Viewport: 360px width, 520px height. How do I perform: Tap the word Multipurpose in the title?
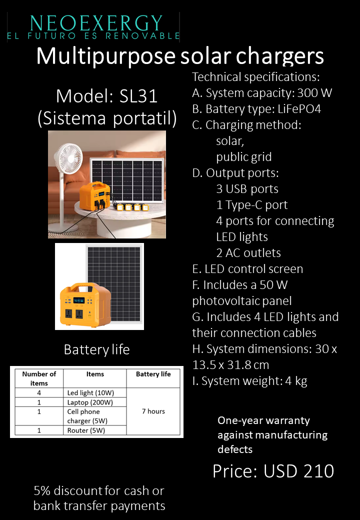point(103,56)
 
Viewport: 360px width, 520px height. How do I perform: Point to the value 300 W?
point(314,93)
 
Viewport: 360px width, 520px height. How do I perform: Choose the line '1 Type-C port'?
point(251,205)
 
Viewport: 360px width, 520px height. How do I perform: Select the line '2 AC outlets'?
point(248,253)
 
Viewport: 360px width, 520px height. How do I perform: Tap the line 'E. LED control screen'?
point(247,269)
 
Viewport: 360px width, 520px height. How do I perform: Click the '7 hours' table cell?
point(153,411)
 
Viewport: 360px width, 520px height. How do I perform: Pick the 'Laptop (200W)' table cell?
point(90,402)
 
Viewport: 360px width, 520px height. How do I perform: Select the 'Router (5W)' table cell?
point(86,430)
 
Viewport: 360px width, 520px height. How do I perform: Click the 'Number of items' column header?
point(39,378)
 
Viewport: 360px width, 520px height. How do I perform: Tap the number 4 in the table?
point(39,392)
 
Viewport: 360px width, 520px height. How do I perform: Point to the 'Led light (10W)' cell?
point(90,392)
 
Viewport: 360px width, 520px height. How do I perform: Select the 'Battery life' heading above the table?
point(96,350)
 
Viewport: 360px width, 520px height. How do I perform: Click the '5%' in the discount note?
point(44,491)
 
